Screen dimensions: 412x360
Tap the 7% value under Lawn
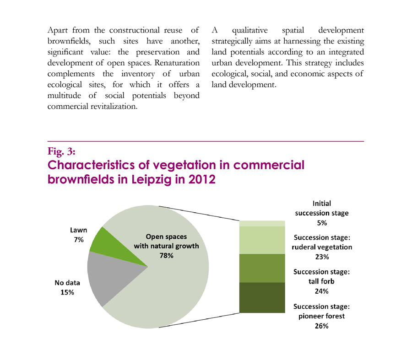coord(79,240)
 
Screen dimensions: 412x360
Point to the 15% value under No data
coord(67,292)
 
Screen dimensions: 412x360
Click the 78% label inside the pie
coord(166,256)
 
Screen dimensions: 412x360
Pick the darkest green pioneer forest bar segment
coord(262,297)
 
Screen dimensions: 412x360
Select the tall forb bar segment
coord(262,268)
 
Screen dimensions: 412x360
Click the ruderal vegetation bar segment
coord(262,240)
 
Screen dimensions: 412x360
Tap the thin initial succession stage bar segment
coord(262,224)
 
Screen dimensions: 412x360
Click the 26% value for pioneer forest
coord(322,326)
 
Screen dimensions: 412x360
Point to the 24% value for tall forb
coord(322,291)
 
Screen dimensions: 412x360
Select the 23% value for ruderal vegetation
coord(322,257)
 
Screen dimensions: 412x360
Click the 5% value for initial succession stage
coord(322,223)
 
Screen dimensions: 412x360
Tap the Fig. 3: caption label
coord(61,151)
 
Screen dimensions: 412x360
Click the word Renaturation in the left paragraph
coord(177,63)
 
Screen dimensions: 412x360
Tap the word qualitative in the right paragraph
coord(249,31)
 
